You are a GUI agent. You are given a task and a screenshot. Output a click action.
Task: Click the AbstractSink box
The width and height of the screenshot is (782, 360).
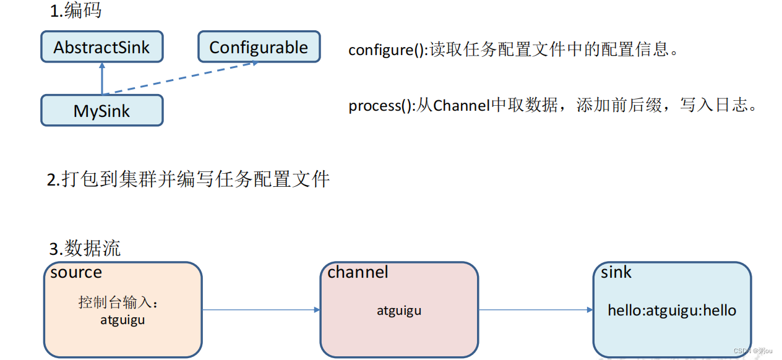click(x=102, y=48)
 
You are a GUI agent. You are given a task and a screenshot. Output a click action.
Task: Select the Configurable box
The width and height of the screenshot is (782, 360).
click(x=259, y=48)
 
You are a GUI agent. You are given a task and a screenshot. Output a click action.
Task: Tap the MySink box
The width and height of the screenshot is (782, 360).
click(x=102, y=111)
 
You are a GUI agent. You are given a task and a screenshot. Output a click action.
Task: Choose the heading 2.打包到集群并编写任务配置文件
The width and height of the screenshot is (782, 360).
click(x=189, y=179)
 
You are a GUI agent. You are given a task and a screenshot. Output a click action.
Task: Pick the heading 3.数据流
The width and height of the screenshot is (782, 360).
click(x=85, y=249)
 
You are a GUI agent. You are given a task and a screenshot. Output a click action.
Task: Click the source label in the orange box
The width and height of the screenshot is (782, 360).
click(x=76, y=272)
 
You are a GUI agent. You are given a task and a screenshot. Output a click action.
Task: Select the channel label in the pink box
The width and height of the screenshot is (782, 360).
click(x=358, y=272)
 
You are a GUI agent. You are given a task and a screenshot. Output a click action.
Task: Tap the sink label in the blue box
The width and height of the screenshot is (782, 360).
click(x=616, y=272)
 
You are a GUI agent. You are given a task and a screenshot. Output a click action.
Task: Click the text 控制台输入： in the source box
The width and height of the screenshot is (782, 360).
click(x=119, y=302)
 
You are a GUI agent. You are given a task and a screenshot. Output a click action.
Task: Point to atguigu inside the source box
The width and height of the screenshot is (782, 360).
click(x=122, y=320)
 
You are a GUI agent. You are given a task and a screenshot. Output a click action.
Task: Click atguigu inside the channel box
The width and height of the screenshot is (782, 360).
click(x=399, y=311)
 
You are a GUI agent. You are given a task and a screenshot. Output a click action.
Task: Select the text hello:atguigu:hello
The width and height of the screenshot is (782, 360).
click(x=672, y=311)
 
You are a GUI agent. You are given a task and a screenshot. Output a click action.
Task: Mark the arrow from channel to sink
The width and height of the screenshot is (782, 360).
click(x=536, y=310)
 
